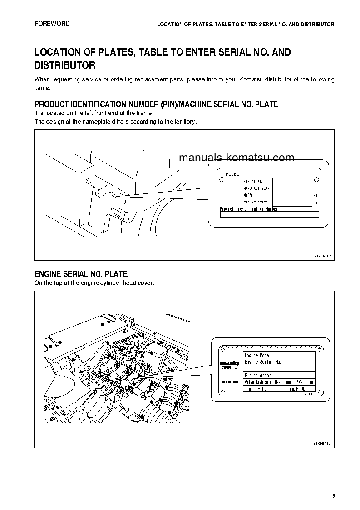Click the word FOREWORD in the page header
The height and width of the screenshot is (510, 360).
[52, 23]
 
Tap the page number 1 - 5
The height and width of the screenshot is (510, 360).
[330, 496]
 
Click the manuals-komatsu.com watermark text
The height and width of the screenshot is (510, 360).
[237, 158]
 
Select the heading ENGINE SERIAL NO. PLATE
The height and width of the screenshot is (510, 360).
[81, 274]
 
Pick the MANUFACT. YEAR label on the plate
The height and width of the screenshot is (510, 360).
[256, 188]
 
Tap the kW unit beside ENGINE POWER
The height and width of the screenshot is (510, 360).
[316, 203]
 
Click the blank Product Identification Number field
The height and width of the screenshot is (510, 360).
[269, 214]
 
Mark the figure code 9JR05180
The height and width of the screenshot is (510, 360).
[323, 257]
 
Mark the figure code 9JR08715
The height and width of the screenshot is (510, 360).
[322, 442]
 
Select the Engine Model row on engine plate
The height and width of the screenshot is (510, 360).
[279, 355]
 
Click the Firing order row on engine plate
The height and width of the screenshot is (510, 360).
[279, 376]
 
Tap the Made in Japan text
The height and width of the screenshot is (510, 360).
[230, 382]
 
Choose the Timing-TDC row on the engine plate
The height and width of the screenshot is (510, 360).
[279, 389]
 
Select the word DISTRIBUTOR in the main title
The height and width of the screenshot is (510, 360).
[65, 65]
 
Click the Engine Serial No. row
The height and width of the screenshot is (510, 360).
[279, 362]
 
